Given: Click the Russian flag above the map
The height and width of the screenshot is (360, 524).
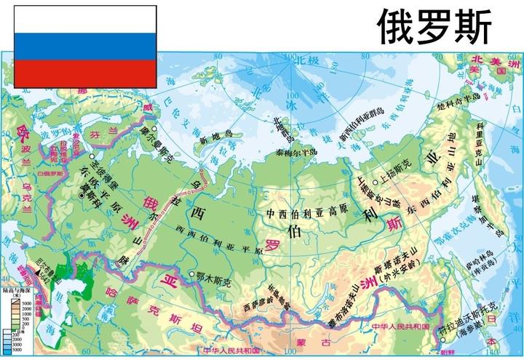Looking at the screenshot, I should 84,46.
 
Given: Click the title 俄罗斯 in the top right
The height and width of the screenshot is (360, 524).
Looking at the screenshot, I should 434,28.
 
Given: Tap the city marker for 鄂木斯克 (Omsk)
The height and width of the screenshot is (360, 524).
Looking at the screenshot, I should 191,274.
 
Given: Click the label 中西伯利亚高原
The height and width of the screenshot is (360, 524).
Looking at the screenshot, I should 303,214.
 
